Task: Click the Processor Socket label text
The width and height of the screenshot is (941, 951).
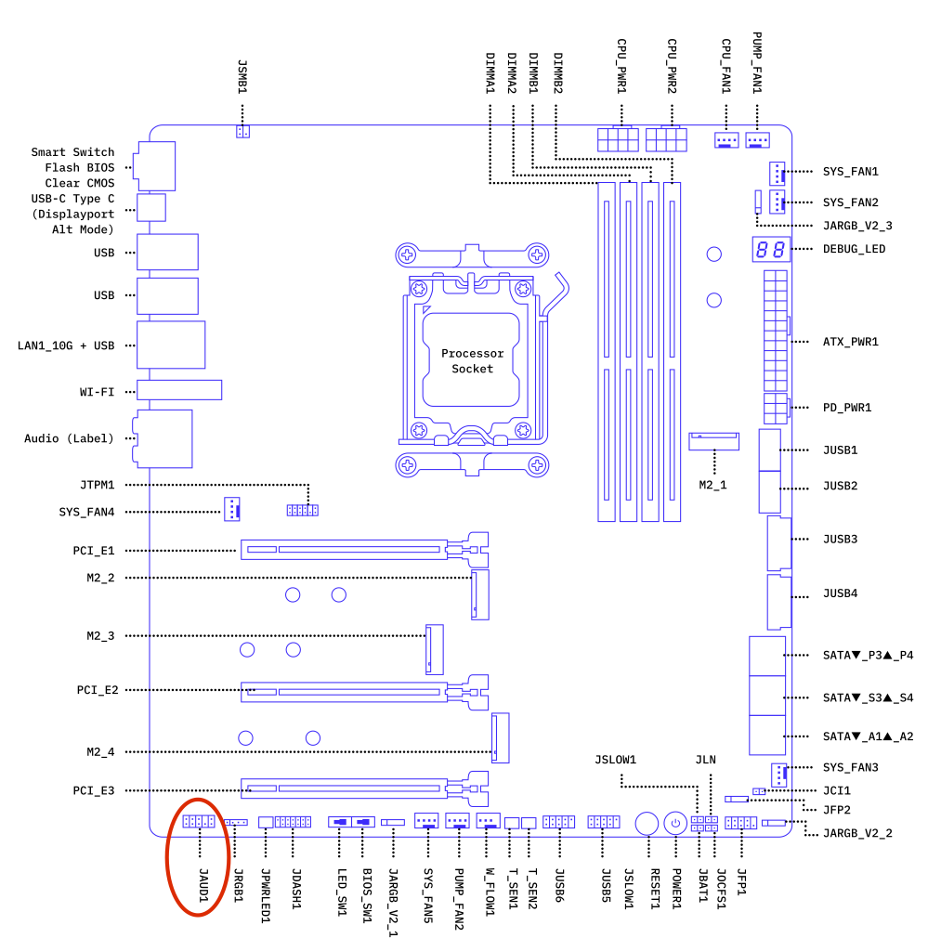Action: [x=472, y=361]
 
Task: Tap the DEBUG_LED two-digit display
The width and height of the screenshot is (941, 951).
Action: [x=769, y=250]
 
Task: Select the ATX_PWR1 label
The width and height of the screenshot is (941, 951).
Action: [x=850, y=342]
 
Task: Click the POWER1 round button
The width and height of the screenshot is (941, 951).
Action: [x=675, y=823]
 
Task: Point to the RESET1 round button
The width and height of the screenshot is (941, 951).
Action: [x=647, y=823]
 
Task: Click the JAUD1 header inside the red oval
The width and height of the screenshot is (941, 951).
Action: [x=198, y=822]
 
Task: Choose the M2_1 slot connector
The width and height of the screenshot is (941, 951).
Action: [x=713, y=440]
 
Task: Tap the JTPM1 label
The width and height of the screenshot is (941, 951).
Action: [x=97, y=485]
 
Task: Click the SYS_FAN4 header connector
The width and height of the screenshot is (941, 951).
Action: [x=231, y=508]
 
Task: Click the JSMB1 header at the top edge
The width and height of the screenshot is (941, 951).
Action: [x=242, y=132]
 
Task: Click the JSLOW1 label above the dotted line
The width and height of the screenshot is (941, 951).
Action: [x=615, y=760]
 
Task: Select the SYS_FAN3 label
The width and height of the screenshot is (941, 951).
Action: [x=850, y=768]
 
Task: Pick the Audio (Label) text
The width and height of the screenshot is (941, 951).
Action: [x=68, y=438]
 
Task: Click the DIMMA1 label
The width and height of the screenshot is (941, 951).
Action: [x=490, y=73]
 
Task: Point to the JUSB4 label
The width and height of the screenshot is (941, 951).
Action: [x=840, y=593]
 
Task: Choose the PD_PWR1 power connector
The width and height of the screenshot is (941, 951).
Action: [x=776, y=407]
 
